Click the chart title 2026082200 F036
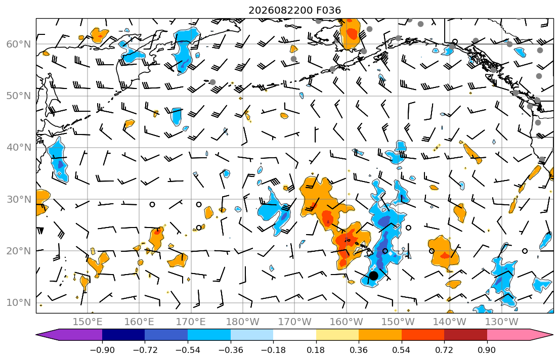point(294,10)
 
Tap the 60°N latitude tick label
point(19,44)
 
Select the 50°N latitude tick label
point(19,96)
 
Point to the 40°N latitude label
point(19,148)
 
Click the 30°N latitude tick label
point(19,199)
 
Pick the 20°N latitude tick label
point(19,251)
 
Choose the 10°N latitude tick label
point(19,303)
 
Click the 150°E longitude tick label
point(88,322)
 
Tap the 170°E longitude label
point(191,322)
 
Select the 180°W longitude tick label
point(243,322)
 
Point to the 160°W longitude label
point(346,322)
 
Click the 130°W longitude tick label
point(502,322)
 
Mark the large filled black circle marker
point(373,276)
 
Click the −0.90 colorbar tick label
point(102,350)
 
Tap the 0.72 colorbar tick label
point(444,350)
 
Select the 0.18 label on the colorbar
point(316,350)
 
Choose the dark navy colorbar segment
point(123,335)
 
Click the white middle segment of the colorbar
point(294,335)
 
